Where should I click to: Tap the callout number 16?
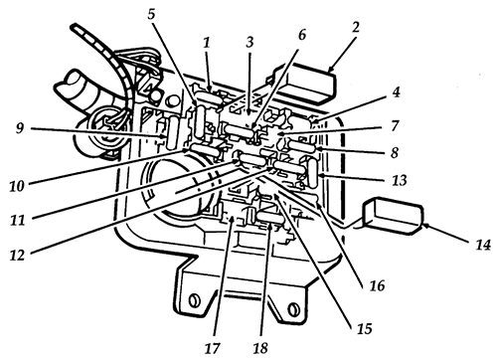[376, 285]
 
